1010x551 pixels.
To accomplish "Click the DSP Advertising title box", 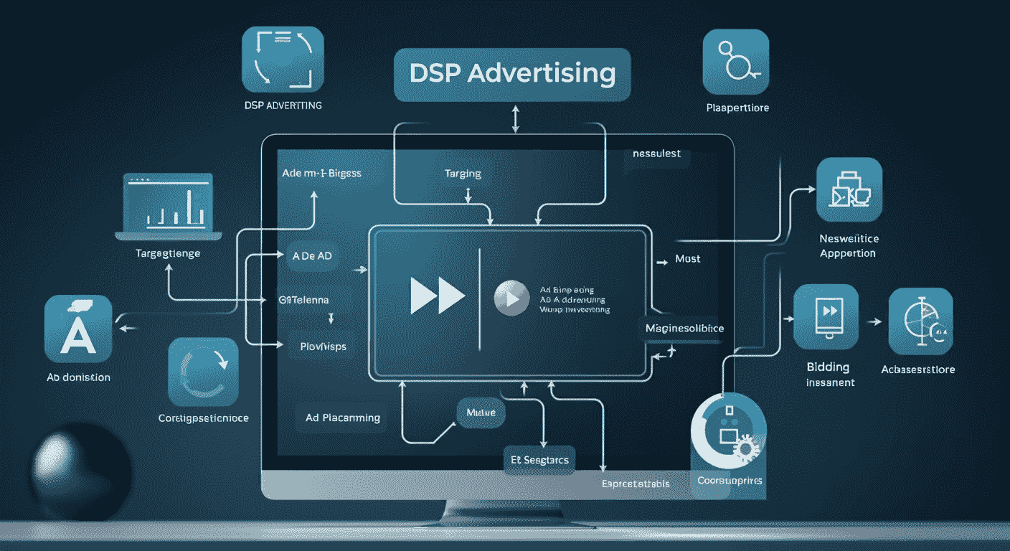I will [512, 75].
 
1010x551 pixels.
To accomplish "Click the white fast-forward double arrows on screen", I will [437, 295].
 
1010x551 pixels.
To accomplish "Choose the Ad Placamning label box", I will [342, 418].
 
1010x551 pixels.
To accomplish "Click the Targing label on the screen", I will [463, 174].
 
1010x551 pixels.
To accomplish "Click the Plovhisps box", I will [322, 346].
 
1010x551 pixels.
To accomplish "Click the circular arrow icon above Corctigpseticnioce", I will [202, 371].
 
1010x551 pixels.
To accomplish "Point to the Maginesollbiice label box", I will [685, 328].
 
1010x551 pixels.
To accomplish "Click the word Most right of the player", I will [688, 258].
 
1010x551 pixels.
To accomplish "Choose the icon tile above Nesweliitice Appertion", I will [849, 190].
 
